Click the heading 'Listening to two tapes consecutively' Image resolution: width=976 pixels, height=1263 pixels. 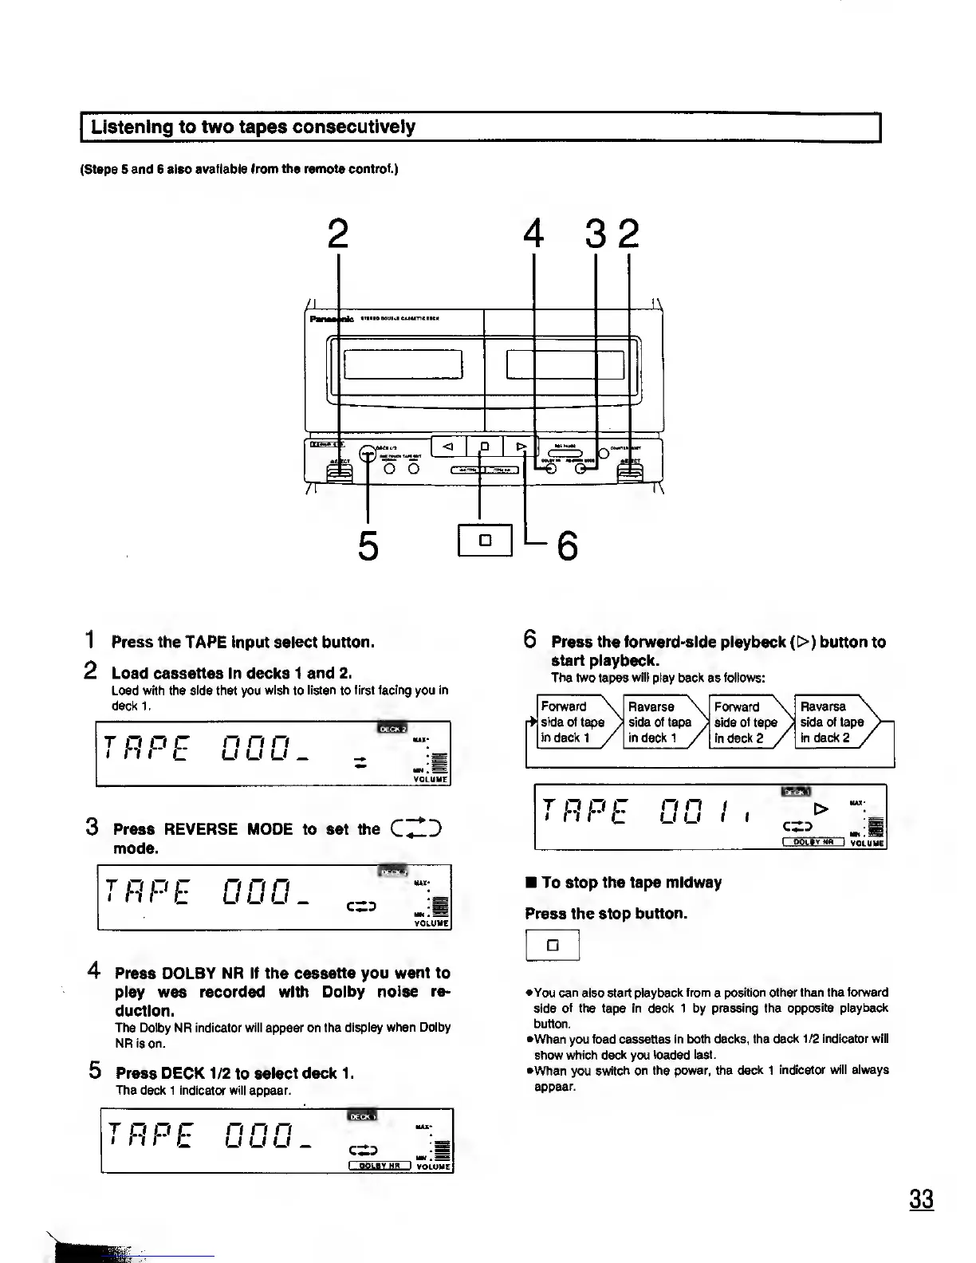253,127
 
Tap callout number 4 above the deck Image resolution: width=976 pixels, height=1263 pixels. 533,234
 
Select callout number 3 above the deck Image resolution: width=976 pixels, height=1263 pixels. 596,234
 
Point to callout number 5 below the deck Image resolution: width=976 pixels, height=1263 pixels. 367,545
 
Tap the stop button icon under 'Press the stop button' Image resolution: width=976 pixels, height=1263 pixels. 552,946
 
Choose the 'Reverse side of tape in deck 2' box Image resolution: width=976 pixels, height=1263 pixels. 832,722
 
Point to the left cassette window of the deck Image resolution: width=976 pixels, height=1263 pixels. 403,365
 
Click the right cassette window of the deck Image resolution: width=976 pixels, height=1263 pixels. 565,365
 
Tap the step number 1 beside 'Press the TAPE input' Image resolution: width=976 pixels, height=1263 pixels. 92,640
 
